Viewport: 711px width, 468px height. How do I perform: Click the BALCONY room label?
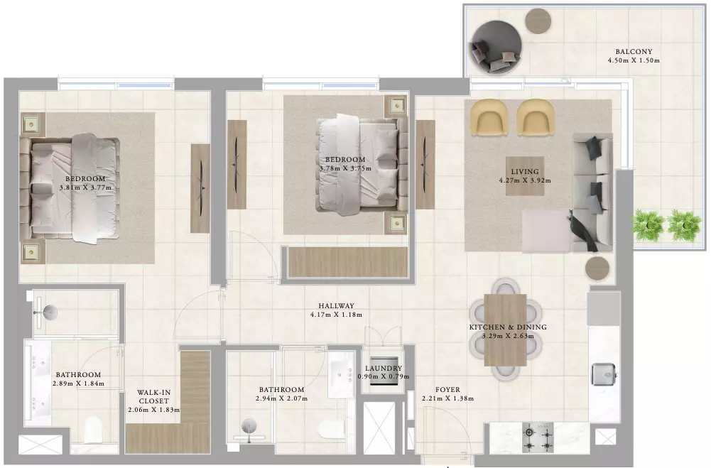point(634,52)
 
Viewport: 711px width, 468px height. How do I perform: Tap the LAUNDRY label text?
point(383,369)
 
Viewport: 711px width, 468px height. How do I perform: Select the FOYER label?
point(447,390)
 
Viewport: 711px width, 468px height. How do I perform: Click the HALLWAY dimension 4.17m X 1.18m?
point(336,315)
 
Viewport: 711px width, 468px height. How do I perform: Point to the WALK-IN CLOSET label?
point(153,397)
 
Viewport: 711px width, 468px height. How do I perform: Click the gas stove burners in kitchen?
point(538,437)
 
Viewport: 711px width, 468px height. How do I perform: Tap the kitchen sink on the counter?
point(604,374)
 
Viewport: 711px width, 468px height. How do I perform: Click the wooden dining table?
point(505,330)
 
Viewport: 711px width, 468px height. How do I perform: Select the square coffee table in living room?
point(525,176)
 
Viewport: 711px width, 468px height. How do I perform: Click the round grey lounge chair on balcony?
point(496,48)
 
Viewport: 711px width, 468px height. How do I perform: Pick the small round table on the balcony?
point(538,21)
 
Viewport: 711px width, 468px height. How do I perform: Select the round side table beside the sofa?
point(597,269)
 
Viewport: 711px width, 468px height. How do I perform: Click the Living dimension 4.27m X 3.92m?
point(525,180)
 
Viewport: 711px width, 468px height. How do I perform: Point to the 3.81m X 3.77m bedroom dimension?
point(85,187)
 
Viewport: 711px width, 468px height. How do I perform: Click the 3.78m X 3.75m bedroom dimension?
point(345,168)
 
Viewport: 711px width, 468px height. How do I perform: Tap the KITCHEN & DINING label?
point(508,327)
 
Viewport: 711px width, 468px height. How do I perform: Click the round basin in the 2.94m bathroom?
point(249,426)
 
